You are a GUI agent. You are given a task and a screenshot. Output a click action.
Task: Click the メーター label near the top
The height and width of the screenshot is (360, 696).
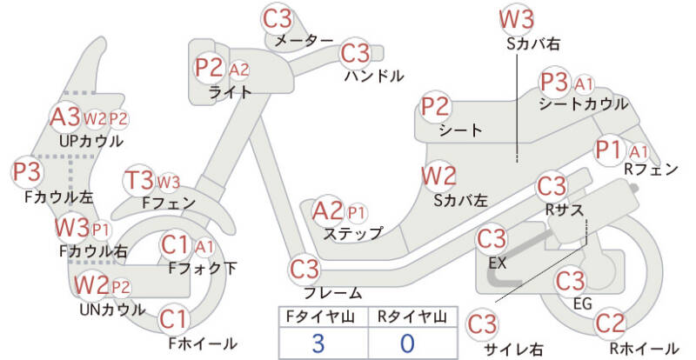point(304,41)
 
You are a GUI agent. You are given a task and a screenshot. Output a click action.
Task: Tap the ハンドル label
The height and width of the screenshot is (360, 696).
point(373,76)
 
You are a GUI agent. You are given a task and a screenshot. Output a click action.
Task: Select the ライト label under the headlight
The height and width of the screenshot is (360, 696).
point(231,91)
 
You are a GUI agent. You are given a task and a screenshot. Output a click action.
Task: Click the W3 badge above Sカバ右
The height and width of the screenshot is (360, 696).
point(517,18)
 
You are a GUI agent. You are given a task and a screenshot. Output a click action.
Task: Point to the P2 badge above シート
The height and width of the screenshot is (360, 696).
point(436,107)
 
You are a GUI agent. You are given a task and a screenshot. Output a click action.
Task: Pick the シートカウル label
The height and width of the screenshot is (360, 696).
point(583,103)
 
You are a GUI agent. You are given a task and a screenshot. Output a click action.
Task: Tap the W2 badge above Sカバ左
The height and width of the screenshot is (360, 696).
point(438,176)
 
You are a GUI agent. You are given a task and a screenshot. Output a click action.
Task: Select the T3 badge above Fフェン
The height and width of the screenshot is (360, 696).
point(139,181)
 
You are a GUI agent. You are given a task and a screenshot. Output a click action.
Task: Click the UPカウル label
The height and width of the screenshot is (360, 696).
point(90,139)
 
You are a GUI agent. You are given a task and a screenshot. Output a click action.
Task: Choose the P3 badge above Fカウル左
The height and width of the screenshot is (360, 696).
point(27,171)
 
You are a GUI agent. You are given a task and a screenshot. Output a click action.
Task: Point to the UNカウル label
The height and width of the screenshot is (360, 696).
point(112,309)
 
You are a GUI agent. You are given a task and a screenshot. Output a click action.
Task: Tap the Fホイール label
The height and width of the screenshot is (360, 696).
point(202,343)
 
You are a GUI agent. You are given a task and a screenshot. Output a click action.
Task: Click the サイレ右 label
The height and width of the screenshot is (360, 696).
point(513,349)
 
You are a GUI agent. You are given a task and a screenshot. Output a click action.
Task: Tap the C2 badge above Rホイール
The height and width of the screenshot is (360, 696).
point(611,324)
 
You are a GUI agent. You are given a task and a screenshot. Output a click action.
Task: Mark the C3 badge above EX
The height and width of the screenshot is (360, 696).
point(491,238)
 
